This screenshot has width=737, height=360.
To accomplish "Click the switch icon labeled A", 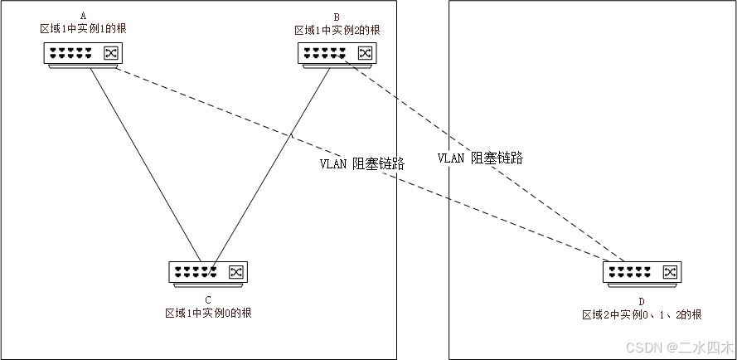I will (x=84, y=55).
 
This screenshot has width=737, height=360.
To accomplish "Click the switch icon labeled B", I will (x=337, y=55).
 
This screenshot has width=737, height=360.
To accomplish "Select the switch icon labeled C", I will (x=207, y=272).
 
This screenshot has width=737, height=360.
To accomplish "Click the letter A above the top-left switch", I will (x=83, y=16).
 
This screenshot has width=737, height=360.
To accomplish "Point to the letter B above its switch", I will (x=337, y=16).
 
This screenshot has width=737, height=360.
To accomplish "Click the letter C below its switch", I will (x=207, y=299).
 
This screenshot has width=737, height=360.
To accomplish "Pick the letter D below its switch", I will (x=642, y=302).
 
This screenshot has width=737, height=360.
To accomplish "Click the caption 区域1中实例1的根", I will (x=83, y=28).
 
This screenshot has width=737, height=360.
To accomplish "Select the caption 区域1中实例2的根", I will (x=337, y=30).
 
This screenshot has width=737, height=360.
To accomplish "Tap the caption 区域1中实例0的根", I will (x=208, y=313).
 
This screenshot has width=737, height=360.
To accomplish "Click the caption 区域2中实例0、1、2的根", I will (x=642, y=314).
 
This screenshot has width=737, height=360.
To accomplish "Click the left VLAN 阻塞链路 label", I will (x=362, y=163).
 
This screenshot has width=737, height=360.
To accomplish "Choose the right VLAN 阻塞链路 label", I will (x=481, y=158).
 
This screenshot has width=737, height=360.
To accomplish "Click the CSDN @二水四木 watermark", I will (x=679, y=346).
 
